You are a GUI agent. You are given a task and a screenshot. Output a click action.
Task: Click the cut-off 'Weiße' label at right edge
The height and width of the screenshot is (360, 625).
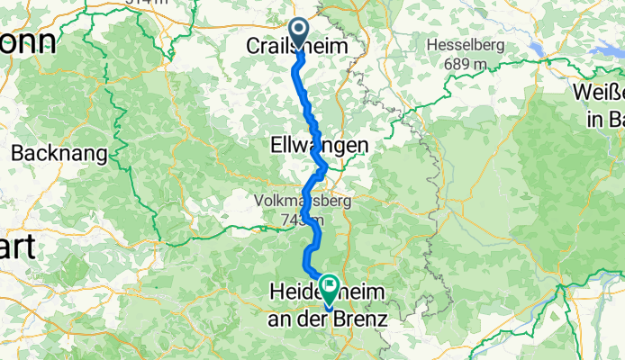(598, 93)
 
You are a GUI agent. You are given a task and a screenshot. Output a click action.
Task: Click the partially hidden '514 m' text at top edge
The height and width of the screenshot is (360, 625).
(149, 4)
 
